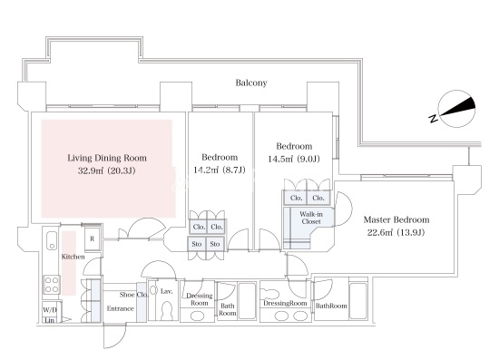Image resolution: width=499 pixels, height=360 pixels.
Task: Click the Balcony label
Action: tap(251, 83)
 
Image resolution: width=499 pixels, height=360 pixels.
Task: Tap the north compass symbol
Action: tap(456, 109)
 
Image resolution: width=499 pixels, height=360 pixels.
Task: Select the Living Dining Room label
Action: tap(107, 158)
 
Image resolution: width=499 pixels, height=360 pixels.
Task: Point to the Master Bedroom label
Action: tap(396, 219)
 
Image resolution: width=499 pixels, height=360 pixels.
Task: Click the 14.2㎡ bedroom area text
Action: tap(220, 170)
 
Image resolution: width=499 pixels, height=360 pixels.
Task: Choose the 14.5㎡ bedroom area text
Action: tap(294, 159)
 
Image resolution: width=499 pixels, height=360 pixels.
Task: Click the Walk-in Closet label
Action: tap(311, 218)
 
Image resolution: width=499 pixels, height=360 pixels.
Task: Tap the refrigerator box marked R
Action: tap(93, 238)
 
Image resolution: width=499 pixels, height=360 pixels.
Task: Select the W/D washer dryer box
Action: tap(50, 310)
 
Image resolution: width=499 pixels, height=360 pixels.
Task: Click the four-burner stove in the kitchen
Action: tap(51, 285)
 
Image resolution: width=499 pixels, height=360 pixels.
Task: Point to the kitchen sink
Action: tap(52, 240)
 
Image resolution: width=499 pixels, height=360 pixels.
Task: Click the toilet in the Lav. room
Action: tap(166, 311)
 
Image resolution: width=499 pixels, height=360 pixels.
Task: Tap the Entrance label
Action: tap(121, 308)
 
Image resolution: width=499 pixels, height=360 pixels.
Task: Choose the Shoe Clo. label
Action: tap(133, 295)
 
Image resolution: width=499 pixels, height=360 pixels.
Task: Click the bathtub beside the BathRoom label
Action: tap(358, 301)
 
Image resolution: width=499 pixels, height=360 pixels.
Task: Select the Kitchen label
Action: tap(73, 257)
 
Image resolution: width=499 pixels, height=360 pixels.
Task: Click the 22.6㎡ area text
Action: tap(396, 232)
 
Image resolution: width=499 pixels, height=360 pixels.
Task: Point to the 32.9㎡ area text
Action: tap(107, 170)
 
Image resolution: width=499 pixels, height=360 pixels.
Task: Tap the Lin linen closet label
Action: tap(49, 320)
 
